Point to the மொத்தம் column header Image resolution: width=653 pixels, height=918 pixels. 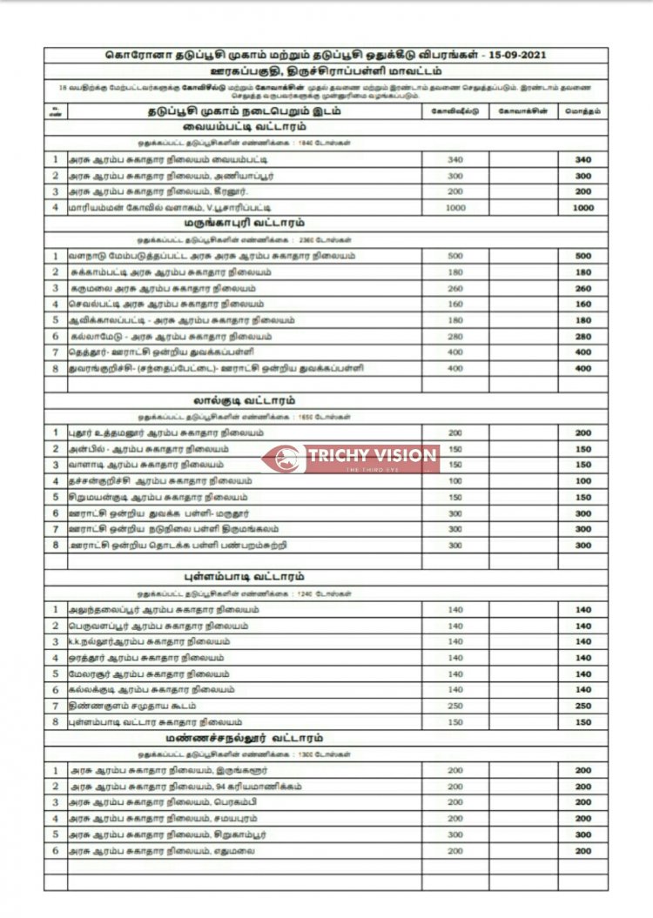pos(582,111)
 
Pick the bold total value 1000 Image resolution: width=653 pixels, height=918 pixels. pos(582,208)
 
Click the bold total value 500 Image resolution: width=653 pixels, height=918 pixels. pos(582,257)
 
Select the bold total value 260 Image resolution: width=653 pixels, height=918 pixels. pos(582,289)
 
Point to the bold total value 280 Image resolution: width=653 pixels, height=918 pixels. pos(582,337)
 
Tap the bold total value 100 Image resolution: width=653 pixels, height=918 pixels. pos(582,481)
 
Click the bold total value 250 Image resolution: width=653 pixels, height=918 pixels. pos(582,706)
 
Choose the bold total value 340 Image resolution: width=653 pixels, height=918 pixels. pos(582,160)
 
